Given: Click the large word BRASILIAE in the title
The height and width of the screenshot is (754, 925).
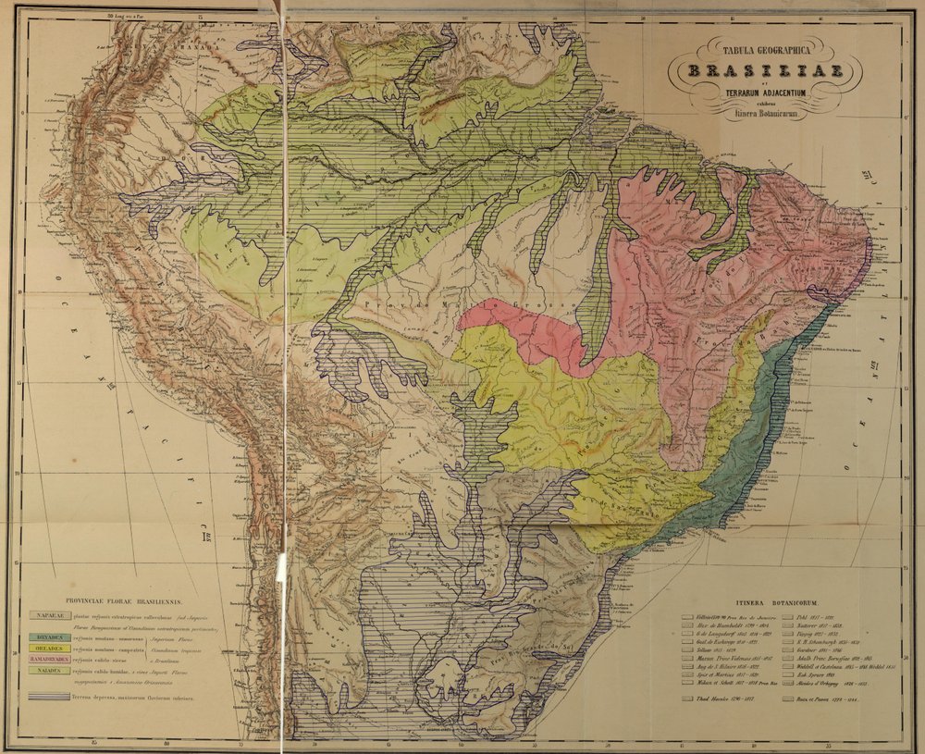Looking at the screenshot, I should click(768, 72).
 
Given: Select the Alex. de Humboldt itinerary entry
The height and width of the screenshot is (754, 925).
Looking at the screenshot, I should click(726, 625).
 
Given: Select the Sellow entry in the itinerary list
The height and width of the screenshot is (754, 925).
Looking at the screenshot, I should click(717, 650).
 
